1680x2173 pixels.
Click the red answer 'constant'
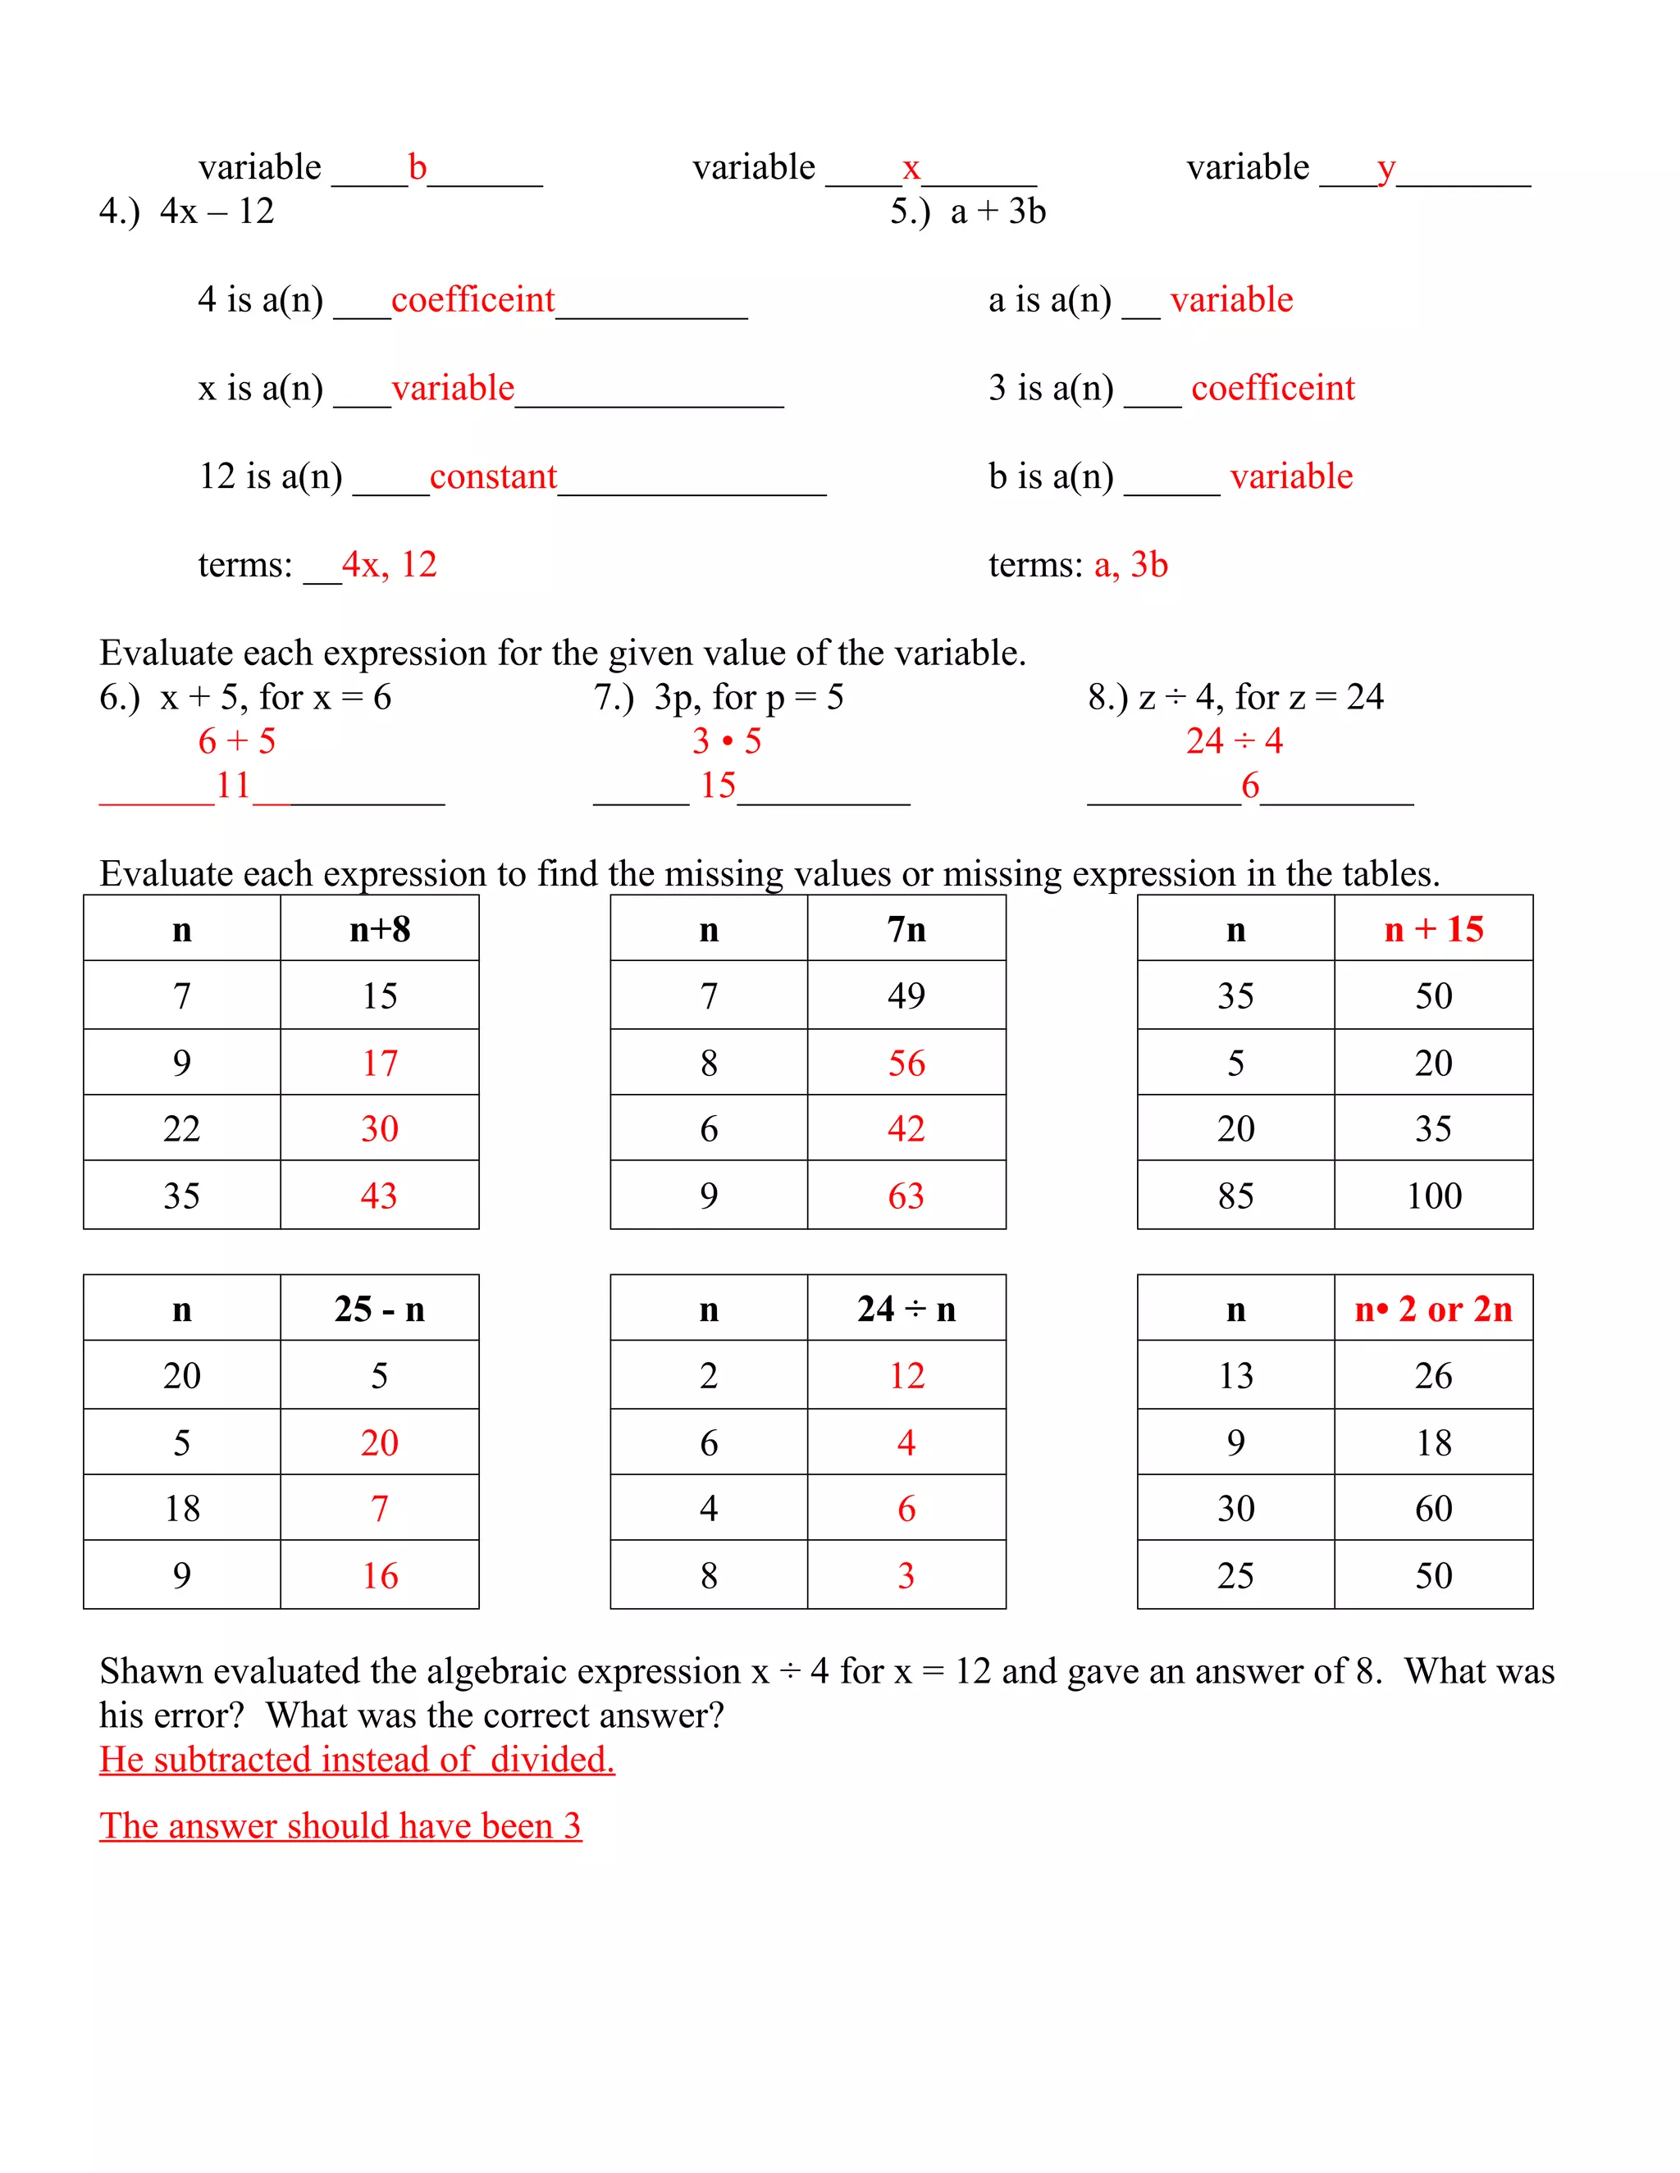(493, 476)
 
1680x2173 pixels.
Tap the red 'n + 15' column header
(1433, 929)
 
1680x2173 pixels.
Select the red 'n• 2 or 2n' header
(1433, 1310)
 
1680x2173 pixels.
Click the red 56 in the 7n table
(906, 1064)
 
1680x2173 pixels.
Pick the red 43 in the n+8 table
(379, 1196)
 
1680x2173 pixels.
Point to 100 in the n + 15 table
(1433, 1196)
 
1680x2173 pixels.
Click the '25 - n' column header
(379, 1310)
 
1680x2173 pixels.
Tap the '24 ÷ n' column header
(906, 1310)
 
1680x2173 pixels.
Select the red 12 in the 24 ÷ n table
(906, 1376)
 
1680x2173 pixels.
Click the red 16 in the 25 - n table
(379, 1576)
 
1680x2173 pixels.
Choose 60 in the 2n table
(1433, 1510)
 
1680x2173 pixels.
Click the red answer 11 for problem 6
(233, 786)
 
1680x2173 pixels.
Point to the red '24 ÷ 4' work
(1234, 741)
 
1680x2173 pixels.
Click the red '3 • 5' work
(727, 741)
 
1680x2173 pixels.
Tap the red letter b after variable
(417, 167)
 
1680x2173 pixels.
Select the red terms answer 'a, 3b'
(1130, 565)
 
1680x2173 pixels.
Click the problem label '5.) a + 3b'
(967, 212)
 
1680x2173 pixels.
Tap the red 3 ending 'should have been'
(573, 1826)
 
